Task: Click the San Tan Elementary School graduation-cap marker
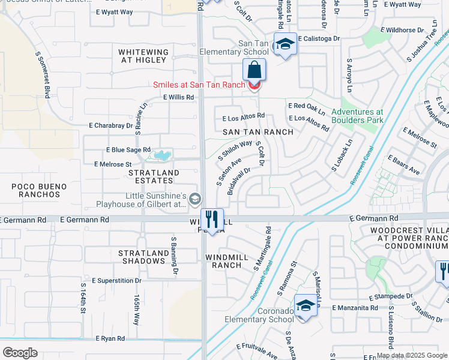[x=285, y=45]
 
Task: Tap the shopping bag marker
[x=255, y=70]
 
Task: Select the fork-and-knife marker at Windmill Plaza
[x=211, y=220]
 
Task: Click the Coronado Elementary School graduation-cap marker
[x=306, y=306]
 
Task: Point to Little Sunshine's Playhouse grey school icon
[x=194, y=199]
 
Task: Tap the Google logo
[x=20, y=353]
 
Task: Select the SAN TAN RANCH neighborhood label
[x=258, y=132]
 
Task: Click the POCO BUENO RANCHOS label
[x=39, y=191]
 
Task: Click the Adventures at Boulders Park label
[x=357, y=116]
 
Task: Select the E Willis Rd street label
[x=178, y=97]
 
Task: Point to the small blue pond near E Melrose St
[x=160, y=156]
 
